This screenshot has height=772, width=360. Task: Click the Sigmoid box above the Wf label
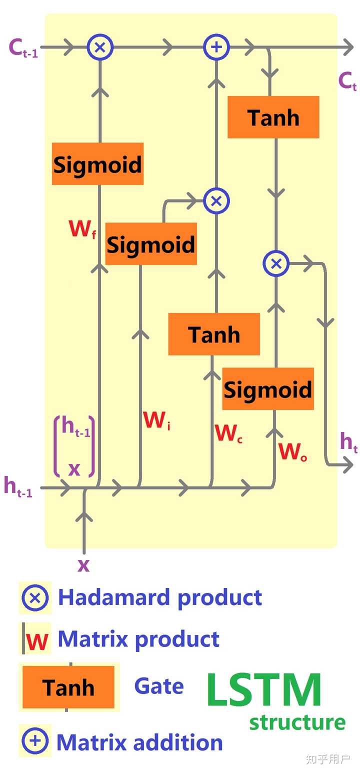coord(97,164)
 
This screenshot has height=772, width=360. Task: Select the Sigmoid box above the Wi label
coord(151,244)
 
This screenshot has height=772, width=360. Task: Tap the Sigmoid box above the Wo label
coord(268,389)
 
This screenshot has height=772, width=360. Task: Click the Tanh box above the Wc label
coord(214,334)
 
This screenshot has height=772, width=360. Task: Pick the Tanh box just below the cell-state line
coord(273,117)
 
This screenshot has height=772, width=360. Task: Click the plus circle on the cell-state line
coord(216,47)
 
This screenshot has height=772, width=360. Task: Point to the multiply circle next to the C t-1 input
coord(100,47)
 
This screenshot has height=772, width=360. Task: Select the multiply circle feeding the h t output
coord(276,263)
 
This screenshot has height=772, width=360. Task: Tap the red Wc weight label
coord(228,433)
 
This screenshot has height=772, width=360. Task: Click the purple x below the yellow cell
coord(83,565)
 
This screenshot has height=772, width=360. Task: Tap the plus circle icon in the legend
coord(35,740)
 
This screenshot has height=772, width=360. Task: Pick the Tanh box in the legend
coord(68,687)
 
